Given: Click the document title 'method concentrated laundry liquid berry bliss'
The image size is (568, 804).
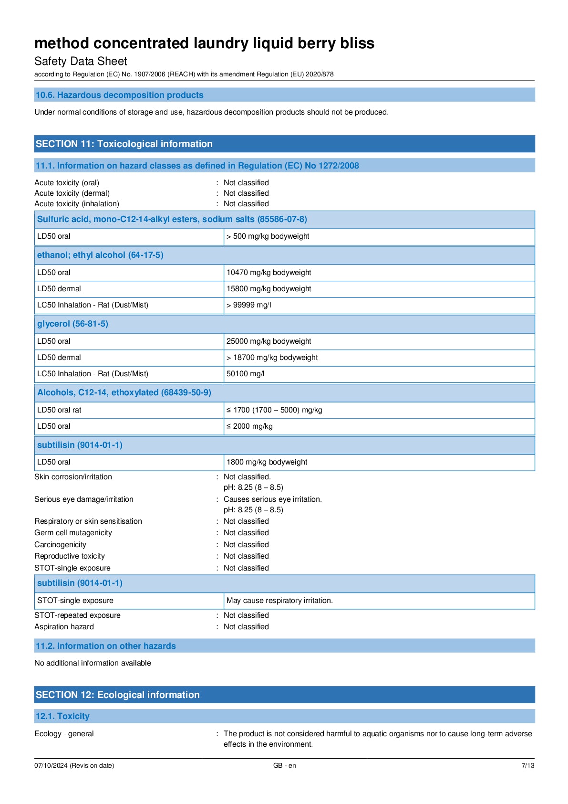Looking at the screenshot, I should [x=204, y=43].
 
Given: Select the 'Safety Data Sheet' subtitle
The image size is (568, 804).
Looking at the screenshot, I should [x=81, y=62].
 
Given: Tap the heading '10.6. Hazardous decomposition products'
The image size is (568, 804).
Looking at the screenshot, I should [x=119, y=95].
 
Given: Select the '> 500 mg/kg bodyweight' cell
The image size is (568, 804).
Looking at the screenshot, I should [x=268, y=236].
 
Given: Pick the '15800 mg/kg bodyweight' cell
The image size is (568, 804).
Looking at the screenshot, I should [x=269, y=289].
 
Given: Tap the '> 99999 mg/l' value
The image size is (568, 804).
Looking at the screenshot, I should [x=248, y=305].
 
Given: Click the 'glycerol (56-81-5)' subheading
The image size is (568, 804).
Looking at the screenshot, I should [x=72, y=324].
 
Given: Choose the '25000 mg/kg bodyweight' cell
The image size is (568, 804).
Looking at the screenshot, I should [x=269, y=341].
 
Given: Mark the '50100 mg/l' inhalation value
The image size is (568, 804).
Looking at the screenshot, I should [x=245, y=374].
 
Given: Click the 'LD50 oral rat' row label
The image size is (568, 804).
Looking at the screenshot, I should [x=59, y=410].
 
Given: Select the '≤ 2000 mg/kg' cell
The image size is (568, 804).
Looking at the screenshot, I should [x=249, y=426].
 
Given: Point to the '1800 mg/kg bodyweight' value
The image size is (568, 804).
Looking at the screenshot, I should [x=267, y=462].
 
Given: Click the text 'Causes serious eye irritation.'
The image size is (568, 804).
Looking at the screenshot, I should [x=272, y=499].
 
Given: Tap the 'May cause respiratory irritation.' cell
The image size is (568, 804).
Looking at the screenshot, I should [x=279, y=601].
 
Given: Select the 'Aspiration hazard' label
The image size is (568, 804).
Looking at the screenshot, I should [x=64, y=627].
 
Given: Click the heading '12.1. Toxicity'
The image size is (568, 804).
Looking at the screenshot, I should [x=62, y=716].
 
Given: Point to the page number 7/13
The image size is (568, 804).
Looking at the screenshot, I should [x=527, y=765].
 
